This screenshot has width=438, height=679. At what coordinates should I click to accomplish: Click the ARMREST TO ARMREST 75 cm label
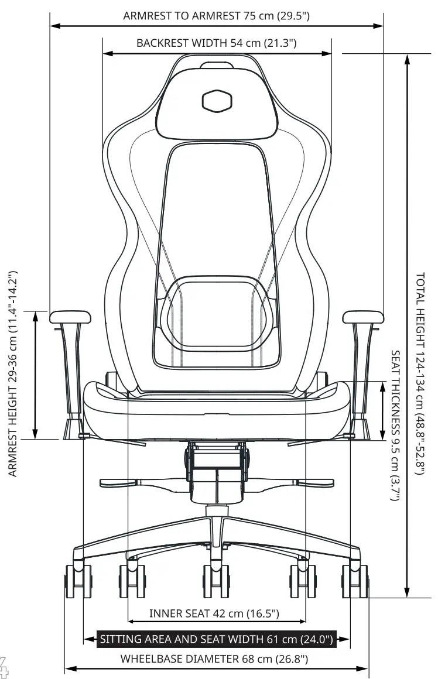(216, 16)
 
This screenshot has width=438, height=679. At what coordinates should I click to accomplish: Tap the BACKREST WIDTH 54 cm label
(216, 43)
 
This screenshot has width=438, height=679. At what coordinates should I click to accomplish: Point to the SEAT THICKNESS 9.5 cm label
(396, 426)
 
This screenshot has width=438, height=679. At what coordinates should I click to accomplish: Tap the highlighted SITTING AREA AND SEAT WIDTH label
(217, 639)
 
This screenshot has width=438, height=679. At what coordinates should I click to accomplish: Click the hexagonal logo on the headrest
(217, 101)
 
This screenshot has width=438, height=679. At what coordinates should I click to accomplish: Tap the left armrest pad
(70, 317)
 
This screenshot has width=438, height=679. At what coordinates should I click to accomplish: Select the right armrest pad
(363, 317)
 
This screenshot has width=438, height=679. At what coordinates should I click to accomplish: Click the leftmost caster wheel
(78, 581)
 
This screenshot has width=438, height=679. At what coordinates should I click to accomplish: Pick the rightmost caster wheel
(355, 581)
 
